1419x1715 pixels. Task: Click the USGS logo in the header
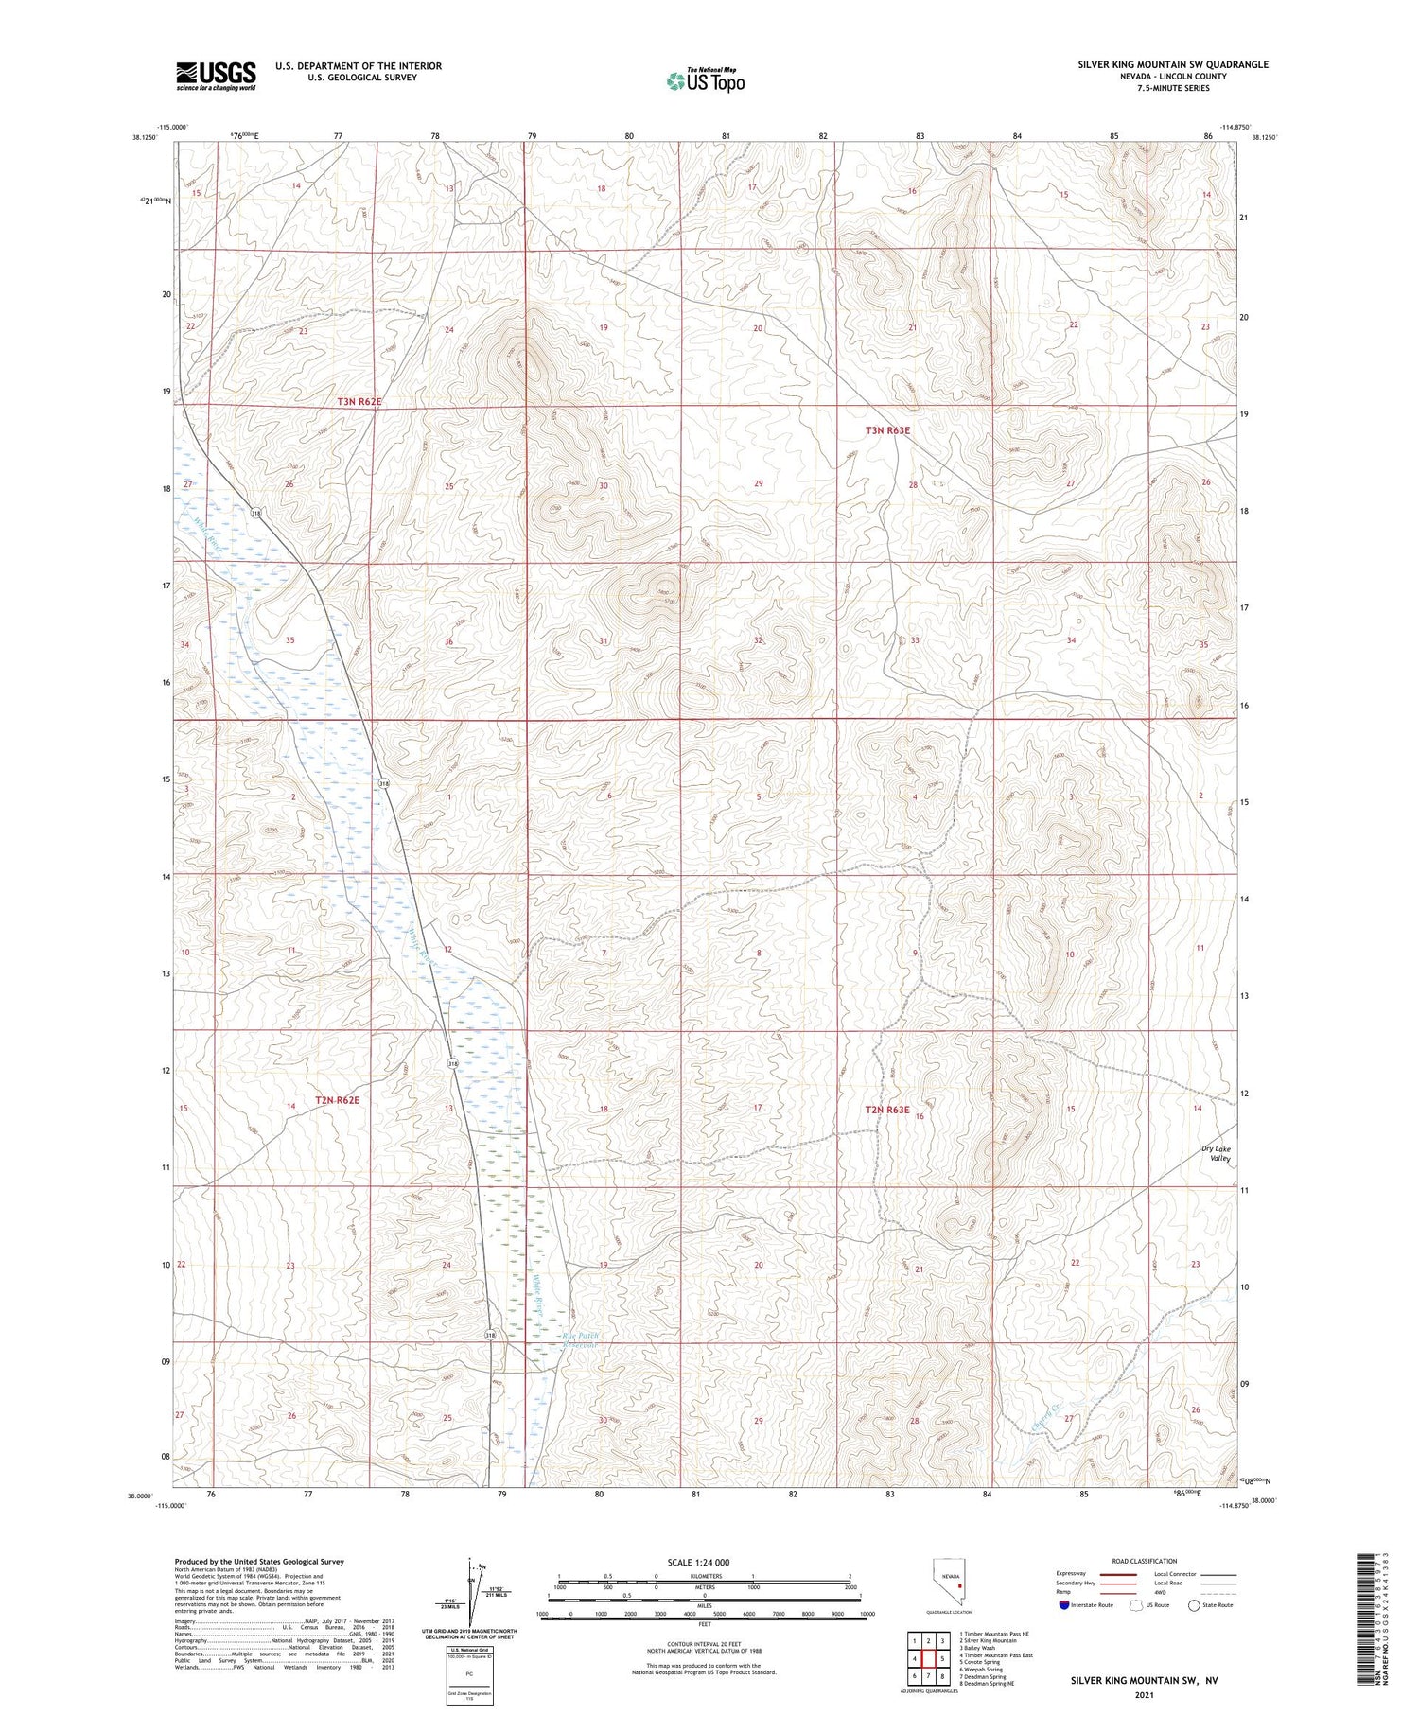(216, 76)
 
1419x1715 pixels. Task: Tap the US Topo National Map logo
(705, 81)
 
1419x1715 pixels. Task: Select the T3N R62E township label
(359, 402)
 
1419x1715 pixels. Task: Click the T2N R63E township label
(887, 1110)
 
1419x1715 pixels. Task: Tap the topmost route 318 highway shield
(255, 513)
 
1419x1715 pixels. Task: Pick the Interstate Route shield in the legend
(1063, 1605)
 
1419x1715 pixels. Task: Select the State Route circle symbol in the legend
(1195, 1605)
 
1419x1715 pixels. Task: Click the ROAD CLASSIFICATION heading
(1145, 1561)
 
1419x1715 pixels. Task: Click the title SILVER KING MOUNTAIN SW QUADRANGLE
(1173, 64)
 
